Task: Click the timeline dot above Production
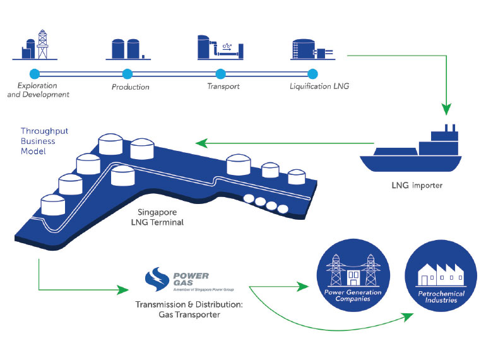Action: click(x=127, y=73)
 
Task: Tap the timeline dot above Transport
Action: click(x=220, y=73)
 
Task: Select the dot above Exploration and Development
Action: click(x=35, y=73)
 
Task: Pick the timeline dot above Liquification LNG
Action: click(x=312, y=73)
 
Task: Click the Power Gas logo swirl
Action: click(x=155, y=280)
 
